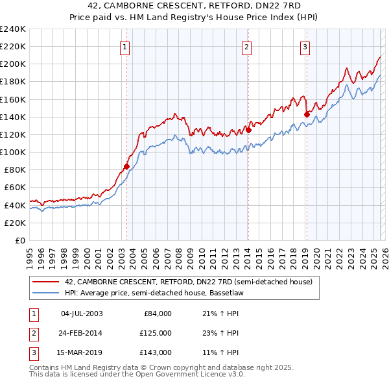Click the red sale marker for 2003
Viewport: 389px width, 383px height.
[x=126, y=166]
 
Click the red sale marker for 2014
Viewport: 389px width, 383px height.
[x=248, y=130]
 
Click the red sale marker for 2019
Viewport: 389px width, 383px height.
[x=306, y=114]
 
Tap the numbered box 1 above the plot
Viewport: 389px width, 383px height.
[x=124, y=46]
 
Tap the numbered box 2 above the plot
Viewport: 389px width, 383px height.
[x=247, y=46]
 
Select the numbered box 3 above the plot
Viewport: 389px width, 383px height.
[x=305, y=46]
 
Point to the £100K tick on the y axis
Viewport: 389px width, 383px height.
[x=13, y=152]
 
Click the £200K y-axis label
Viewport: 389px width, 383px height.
[x=13, y=64]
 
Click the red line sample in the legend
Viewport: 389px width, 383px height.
[x=45, y=282]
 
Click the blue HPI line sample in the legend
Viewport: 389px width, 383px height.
[x=45, y=293]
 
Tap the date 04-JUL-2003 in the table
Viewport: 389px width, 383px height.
[x=82, y=314]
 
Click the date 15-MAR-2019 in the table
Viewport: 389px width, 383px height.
[x=82, y=352]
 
